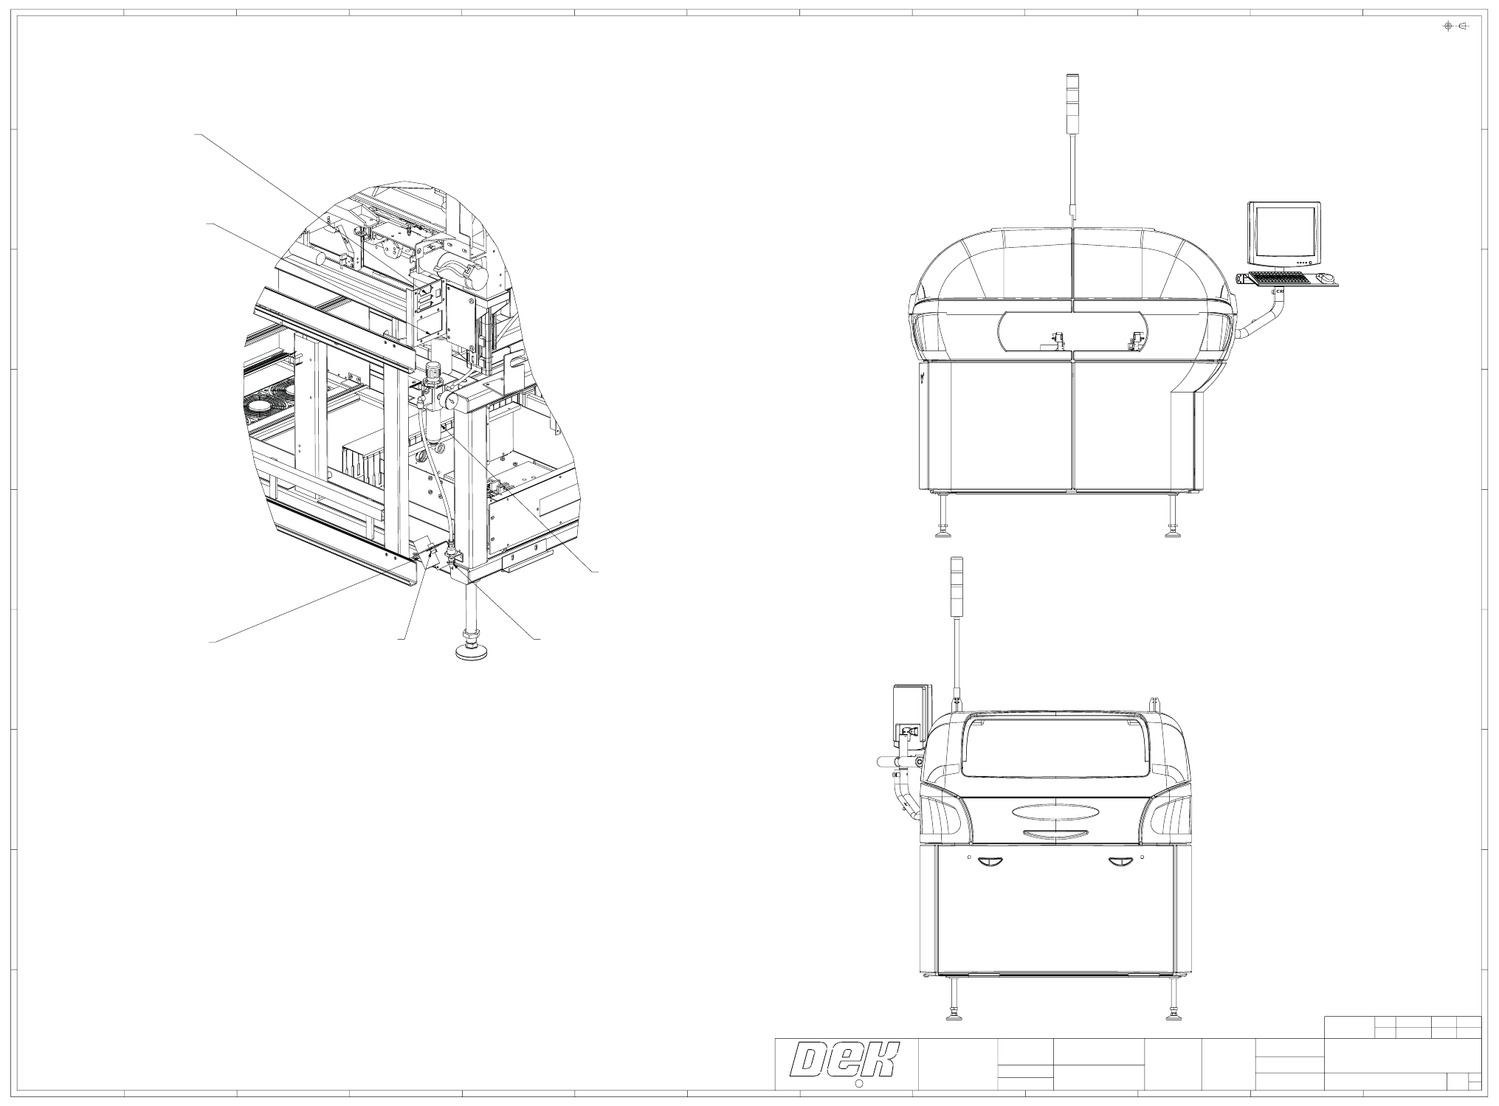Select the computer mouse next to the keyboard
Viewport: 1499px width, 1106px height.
(1325, 278)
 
